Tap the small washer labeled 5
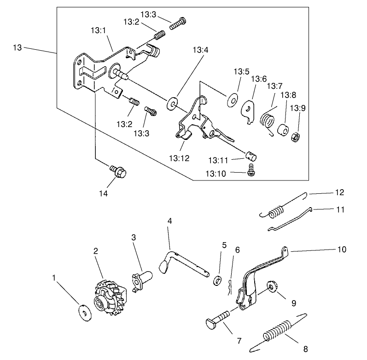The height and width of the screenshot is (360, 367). [216, 280]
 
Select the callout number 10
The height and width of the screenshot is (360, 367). [341, 249]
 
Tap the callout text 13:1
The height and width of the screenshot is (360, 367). [98, 30]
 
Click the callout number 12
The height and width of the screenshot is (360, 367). [339, 192]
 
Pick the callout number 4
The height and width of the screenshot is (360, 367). [170, 221]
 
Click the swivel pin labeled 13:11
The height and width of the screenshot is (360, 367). [250, 155]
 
